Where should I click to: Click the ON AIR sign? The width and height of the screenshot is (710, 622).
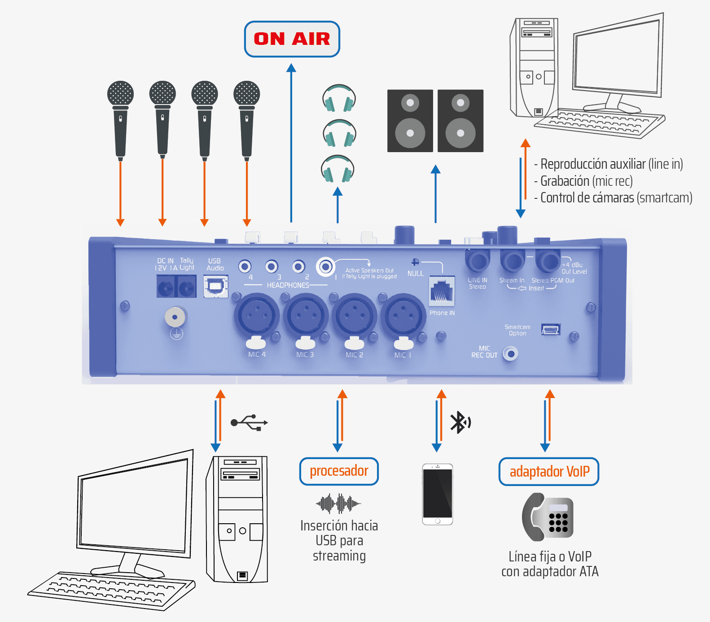(x=292, y=39)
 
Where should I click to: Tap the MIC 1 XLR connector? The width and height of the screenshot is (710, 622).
(x=403, y=315)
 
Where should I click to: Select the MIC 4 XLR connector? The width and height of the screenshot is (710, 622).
(x=256, y=315)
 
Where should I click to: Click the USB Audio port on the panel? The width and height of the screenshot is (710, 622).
(x=216, y=286)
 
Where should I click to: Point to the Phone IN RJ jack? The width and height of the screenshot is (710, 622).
(x=442, y=291)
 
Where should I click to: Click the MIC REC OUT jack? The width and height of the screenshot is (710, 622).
(x=510, y=354)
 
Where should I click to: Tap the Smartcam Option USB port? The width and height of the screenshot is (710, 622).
(x=551, y=330)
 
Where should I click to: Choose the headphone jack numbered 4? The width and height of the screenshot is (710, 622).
(x=245, y=267)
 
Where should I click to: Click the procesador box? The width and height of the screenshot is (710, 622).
(x=339, y=471)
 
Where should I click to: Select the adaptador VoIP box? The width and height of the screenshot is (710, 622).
(x=549, y=472)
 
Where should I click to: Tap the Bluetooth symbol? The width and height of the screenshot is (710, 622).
(x=460, y=422)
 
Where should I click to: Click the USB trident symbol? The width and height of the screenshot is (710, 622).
(x=250, y=423)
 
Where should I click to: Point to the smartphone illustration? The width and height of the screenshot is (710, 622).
(x=438, y=494)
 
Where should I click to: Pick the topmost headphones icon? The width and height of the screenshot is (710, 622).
(x=339, y=98)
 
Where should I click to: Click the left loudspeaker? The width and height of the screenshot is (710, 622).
(x=410, y=121)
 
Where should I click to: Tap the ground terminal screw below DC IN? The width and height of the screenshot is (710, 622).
(x=175, y=317)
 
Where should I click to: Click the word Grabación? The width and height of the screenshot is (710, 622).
(x=565, y=181)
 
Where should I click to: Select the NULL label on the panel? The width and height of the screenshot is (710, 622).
(x=415, y=273)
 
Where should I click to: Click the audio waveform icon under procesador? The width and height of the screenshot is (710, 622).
(x=338, y=504)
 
